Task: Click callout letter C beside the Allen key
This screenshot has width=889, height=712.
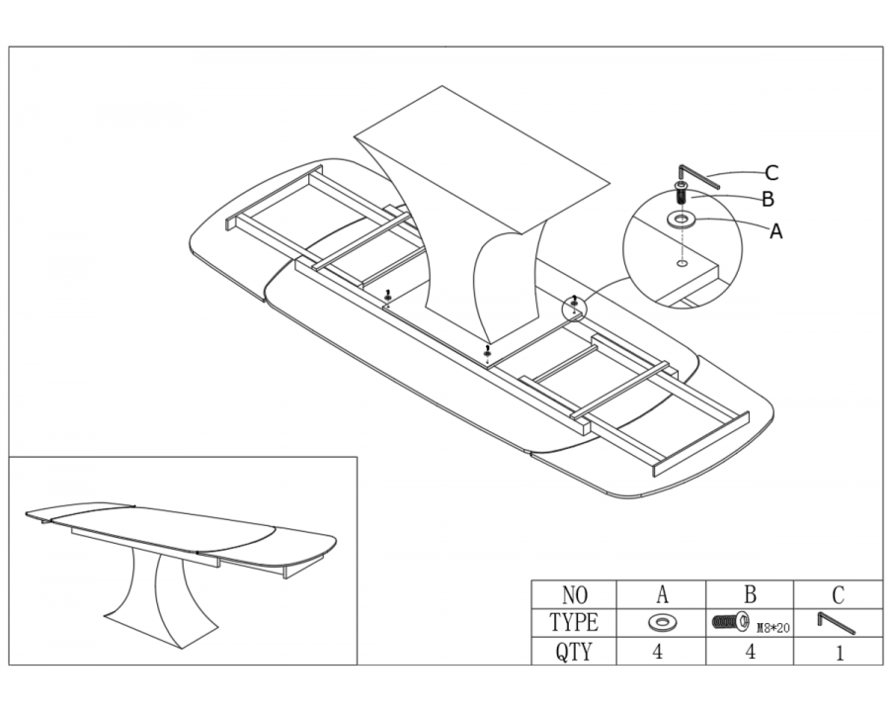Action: coord(771,173)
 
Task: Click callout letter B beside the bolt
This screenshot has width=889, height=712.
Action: coord(768,199)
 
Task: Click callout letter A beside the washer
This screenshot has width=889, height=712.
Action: coord(775,231)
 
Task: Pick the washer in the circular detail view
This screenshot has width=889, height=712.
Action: coord(683,219)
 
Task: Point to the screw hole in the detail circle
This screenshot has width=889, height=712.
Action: coord(683,263)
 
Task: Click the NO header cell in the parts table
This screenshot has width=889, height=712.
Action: coord(574,595)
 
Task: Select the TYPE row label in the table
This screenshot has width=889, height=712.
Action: coord(574,622)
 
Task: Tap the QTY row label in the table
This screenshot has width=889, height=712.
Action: coord(574,652)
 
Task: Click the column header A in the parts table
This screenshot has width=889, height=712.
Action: coord(662,594)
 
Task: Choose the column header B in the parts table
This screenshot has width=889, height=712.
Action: coord(750,594)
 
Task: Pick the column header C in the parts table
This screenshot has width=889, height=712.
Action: coord(838,595)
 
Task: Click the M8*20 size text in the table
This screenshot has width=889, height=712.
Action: coord(773,628)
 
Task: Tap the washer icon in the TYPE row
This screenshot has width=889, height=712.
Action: coord(661,623)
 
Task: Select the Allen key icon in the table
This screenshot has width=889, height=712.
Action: coord(837,623)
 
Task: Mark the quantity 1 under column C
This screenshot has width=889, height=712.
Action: coord(840,652)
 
